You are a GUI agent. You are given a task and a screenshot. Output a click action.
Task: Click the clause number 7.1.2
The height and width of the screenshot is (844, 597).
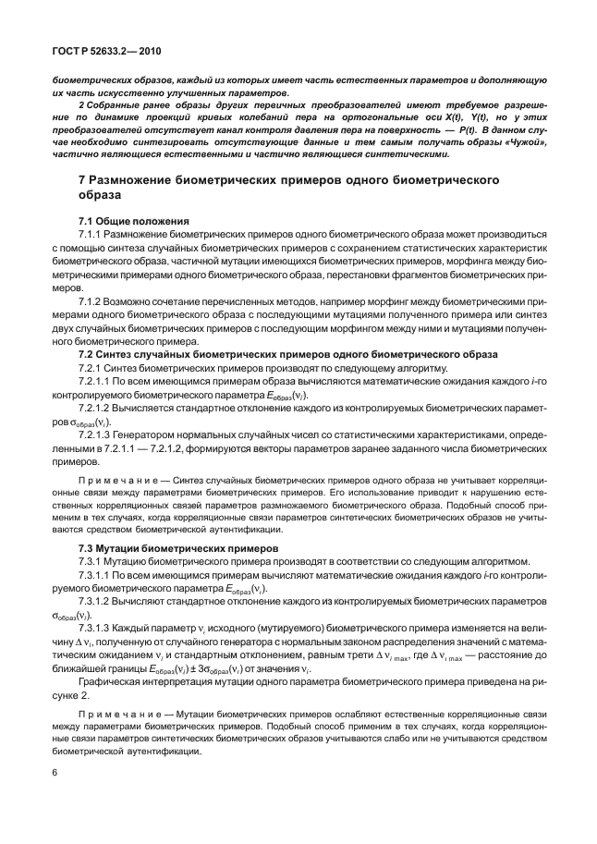(x=91, y=301)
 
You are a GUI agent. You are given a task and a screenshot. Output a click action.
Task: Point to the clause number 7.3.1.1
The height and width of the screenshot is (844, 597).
(x=95, y=575)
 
